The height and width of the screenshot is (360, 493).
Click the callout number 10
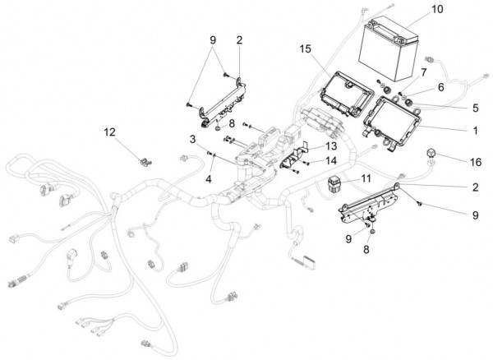pos(437,9)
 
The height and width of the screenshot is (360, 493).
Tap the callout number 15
pos(305,48)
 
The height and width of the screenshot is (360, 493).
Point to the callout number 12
pos(110,132)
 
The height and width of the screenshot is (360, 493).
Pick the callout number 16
pos(476,162)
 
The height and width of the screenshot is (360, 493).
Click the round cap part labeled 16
pos(431,153)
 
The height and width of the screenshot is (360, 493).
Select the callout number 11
pos(366,178)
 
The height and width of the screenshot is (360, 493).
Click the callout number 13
pos(331,145)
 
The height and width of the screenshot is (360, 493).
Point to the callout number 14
pos(331,160)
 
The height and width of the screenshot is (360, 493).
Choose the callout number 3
pos(193,139)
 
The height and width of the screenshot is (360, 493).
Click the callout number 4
pos(209,179)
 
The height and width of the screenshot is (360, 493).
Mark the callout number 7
pos(423,72)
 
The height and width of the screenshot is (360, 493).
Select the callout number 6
pos(440,87)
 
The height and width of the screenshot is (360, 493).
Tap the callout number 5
pos(476,108)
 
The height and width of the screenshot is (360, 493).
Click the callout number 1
pos(476,130)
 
